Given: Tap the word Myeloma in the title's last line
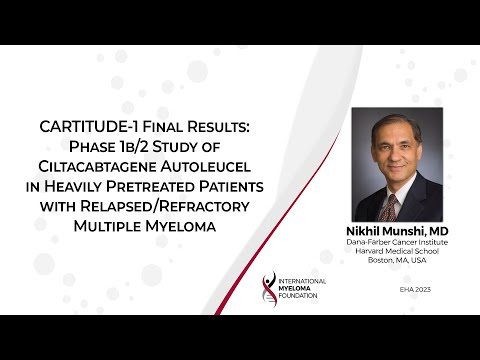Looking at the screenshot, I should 181,225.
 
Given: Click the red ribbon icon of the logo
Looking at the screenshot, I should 267,290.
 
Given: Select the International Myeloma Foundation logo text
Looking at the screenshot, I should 299,291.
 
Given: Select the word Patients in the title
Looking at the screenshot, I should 268,186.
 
